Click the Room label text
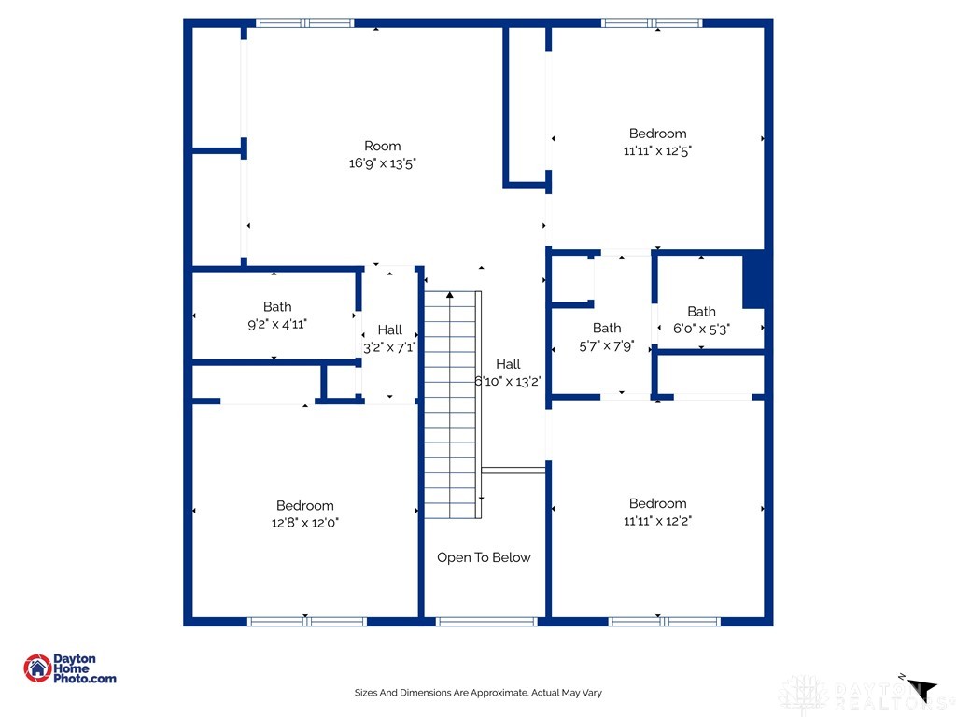coord(383,146)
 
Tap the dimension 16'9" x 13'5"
coord(383,162)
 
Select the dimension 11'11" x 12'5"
coord(657,150)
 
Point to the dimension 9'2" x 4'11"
coord(277,323)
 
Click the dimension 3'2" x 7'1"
coord(389,346)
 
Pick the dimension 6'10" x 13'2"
coord(509,381)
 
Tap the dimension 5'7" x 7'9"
coord(607,344)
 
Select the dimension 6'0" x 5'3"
coord(701,329)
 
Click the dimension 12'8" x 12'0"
coord(305,523)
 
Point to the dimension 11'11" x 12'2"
coord(657,521)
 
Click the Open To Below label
coord(484,557)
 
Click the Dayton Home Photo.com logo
coord(70,668)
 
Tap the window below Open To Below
coord(486,621)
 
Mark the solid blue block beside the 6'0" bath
coord(755,280)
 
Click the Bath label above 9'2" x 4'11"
coord(277,306)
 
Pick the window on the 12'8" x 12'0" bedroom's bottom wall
coord(306,621)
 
